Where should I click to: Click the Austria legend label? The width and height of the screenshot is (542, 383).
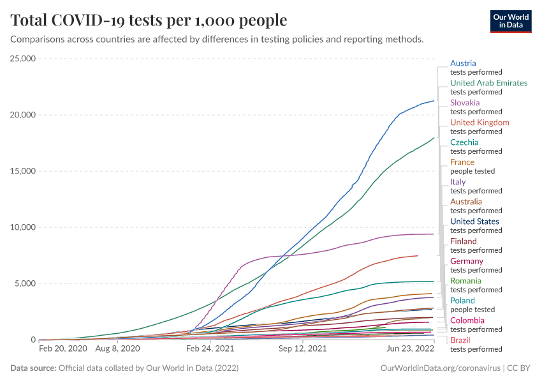463,63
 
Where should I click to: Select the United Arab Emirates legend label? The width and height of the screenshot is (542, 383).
488,83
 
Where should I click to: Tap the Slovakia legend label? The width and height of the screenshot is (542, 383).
465,103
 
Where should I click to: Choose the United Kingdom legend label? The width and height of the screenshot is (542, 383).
480,123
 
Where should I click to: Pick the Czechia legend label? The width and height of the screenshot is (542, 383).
464,142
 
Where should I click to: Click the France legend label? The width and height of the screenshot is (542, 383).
462,162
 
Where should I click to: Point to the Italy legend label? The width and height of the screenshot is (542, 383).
458,182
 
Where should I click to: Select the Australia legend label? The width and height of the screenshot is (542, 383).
466,202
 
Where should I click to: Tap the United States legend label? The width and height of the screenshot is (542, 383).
474,222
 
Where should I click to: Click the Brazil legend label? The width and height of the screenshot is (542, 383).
460,340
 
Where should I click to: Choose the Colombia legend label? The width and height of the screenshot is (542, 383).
467,320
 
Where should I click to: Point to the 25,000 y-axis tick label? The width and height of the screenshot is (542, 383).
22,59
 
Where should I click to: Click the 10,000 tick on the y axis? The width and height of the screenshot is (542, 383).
22,227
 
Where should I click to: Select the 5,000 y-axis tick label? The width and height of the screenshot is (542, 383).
25,283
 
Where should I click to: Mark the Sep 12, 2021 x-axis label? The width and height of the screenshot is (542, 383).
304,349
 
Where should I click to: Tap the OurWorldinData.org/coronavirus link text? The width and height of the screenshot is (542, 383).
440,368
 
